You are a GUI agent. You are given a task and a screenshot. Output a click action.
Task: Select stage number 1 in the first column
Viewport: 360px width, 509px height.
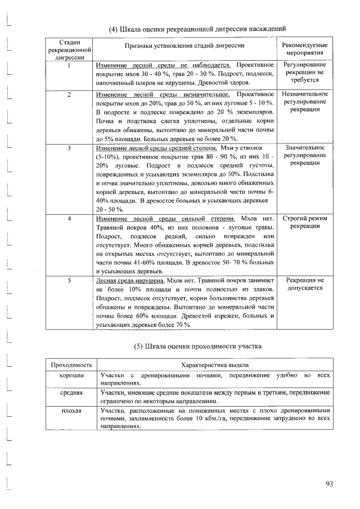coord(68,66)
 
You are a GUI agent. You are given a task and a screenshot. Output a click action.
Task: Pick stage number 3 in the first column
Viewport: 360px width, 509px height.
coord(68,148)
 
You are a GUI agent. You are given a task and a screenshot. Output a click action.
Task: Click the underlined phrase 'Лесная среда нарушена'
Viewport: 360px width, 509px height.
coord(130,280)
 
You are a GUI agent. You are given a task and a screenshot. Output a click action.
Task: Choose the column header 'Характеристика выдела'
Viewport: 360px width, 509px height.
coord(213,364)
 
